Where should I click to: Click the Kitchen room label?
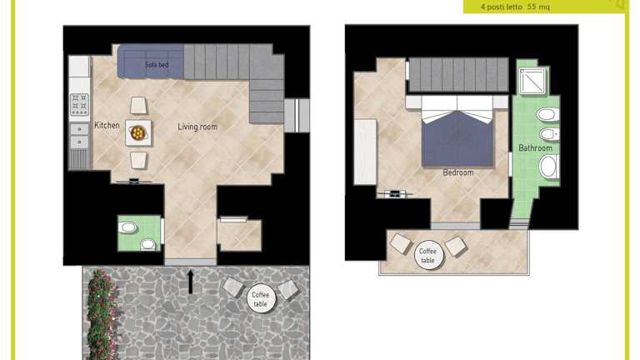[107, 125]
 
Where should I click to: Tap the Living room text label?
[197, 127]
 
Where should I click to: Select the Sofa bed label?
[157, 64]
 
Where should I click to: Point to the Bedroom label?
[458, 172]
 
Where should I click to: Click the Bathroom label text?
[535, 147]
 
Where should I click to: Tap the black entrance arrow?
[190, 282]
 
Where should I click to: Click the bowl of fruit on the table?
[137, 132]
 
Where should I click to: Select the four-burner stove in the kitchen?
[79, 104]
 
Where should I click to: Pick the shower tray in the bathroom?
[532, 81]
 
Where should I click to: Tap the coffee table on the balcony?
[427, 256]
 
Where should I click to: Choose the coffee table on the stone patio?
[261, 299]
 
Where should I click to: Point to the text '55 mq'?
[538, 7]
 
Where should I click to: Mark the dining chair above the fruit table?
[138, 106]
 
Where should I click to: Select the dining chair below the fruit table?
[138, 160]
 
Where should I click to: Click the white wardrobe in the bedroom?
[365, 152]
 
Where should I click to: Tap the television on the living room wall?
[133, 181]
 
